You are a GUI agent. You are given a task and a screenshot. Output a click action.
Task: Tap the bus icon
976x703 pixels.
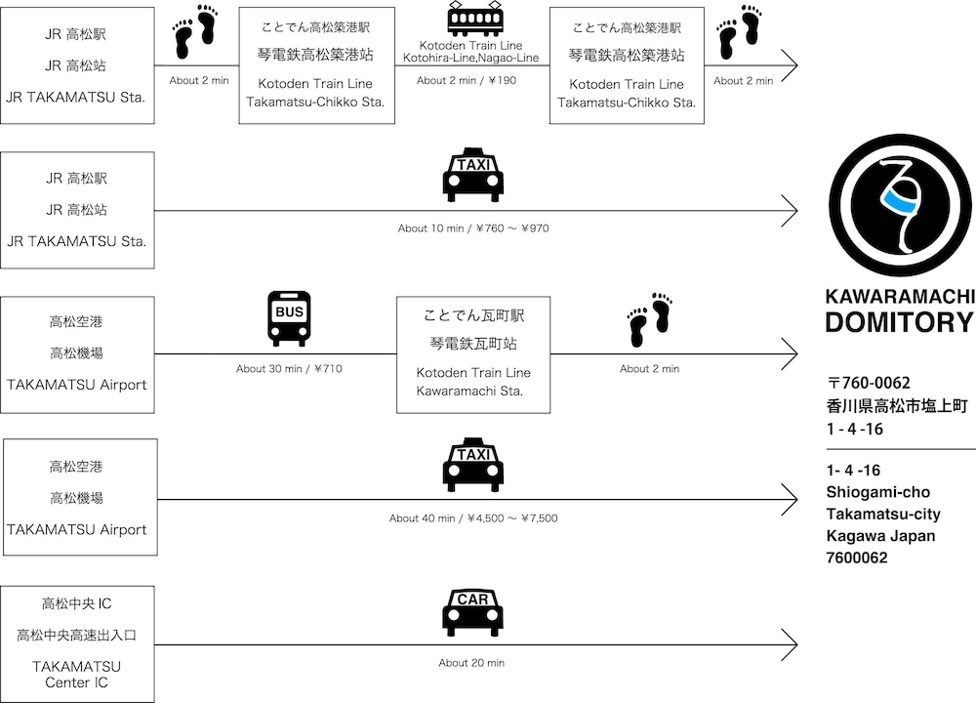pyautogui.click(x=289, y=318)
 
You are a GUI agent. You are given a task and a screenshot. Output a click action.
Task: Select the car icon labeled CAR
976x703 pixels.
pyautogui.click(x=472, y=612)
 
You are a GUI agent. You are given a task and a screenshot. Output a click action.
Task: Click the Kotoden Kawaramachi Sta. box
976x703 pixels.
pyautogui.click(x=473, y=354)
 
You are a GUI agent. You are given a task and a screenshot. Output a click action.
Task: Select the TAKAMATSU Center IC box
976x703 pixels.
pyautogui.click(x=77, y=643)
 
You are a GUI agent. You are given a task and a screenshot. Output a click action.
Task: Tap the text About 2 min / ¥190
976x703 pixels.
pyautogui.click(x=467, y=81)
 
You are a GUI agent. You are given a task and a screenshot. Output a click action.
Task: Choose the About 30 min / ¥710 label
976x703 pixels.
pyautogui.click(x=289, y=369)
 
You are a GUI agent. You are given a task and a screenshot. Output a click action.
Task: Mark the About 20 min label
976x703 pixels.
pyautogui.click(x=471, y=663)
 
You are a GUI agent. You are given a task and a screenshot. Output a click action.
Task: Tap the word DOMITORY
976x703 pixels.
pyautogui.click(x=899, y=323)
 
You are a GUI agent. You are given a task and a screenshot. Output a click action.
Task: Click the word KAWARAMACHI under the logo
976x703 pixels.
pyautogui.click(x=899, y=296)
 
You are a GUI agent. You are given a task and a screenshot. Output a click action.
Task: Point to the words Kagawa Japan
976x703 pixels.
pyautogui.click(x=879, y=536)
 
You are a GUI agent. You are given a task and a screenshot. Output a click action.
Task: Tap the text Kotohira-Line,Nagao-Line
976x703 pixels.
pyautogui.click(x=471, y=59)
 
